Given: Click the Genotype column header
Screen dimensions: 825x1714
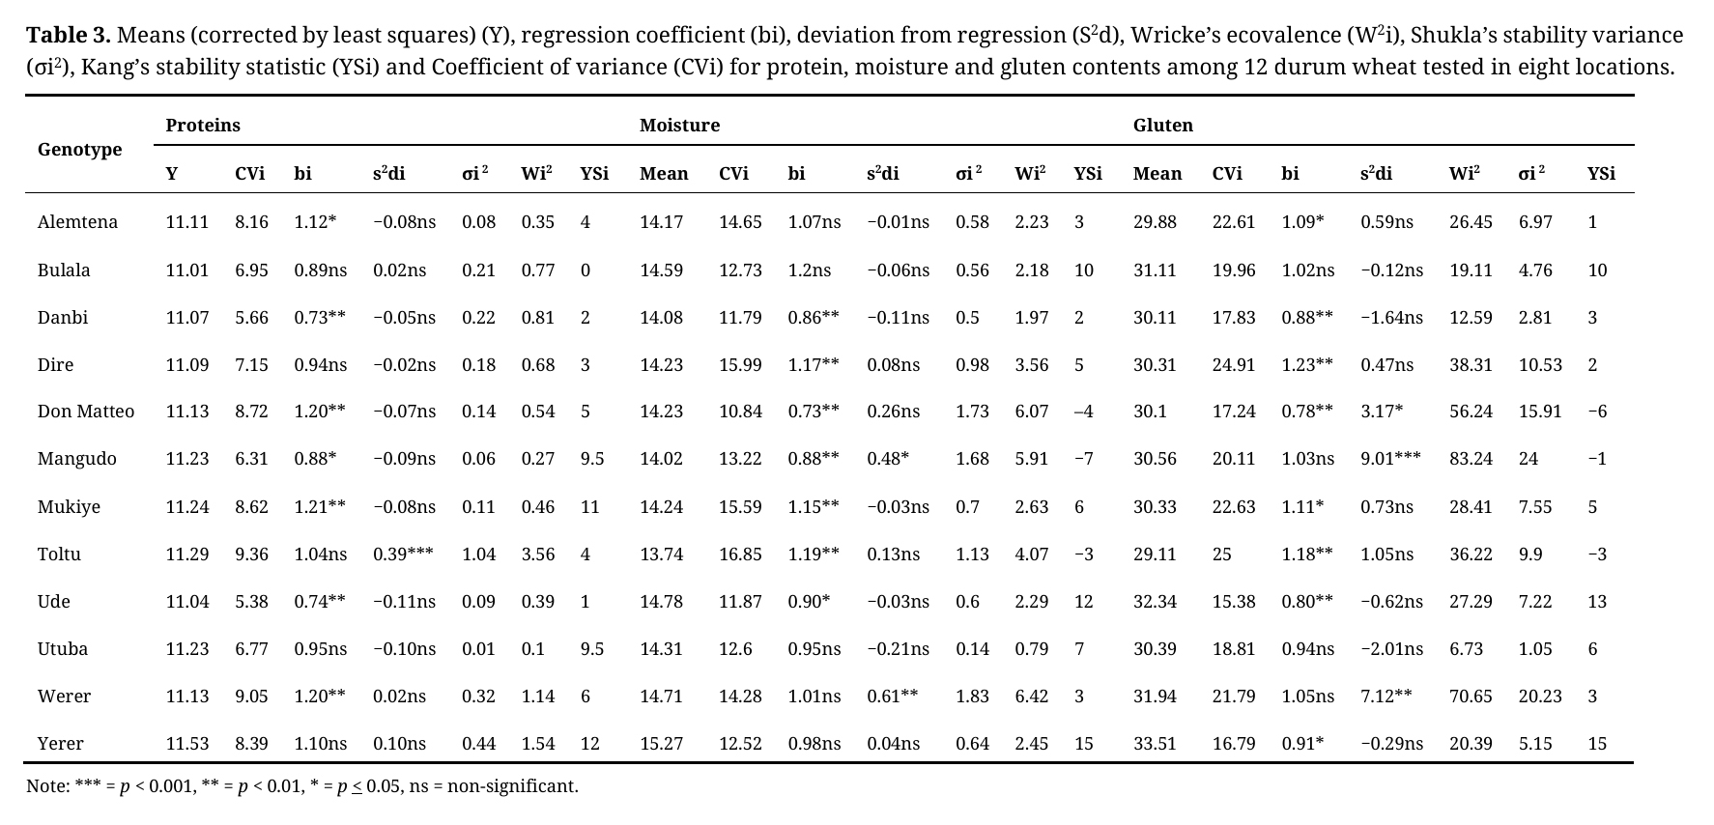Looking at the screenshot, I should (x=79, y=150).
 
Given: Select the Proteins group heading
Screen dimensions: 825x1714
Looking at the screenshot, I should (x=203, y=126).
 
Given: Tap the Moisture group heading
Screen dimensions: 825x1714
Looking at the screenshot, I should (x=679, y=126).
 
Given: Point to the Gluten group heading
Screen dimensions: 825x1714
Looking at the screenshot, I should (x=1162, y=126).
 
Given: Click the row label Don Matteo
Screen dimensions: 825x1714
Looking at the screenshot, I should (x=86, y=412).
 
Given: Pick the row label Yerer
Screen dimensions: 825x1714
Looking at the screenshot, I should (x=60, y=744).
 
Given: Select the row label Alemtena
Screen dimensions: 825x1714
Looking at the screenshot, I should (x=77, y=222).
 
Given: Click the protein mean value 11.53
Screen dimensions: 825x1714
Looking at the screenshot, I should (x=186, y=744).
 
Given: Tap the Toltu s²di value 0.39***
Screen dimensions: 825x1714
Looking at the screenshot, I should (x=403, y=555).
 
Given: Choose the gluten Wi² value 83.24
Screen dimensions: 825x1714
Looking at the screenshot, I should (x=1471, y=459).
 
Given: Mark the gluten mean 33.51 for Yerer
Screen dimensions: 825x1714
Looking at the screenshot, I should (x=1155, y=744).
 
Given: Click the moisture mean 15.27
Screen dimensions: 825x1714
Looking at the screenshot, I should (x=661, y=744).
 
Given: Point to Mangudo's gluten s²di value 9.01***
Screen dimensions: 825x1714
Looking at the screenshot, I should (x=1390, y=459).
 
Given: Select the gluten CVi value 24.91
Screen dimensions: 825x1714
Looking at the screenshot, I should (x=1234, y=365).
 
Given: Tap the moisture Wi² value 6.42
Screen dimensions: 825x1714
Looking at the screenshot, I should (x=1031, y=697).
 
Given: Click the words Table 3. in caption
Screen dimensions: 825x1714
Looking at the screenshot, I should (x=68, y=36).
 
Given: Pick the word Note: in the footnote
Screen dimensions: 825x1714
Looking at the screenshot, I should (x=48, y=786).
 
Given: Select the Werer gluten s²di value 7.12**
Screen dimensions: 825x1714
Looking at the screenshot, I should (x=1385, y=697).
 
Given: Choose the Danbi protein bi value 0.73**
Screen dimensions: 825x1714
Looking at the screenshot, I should (x=320, y=318).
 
